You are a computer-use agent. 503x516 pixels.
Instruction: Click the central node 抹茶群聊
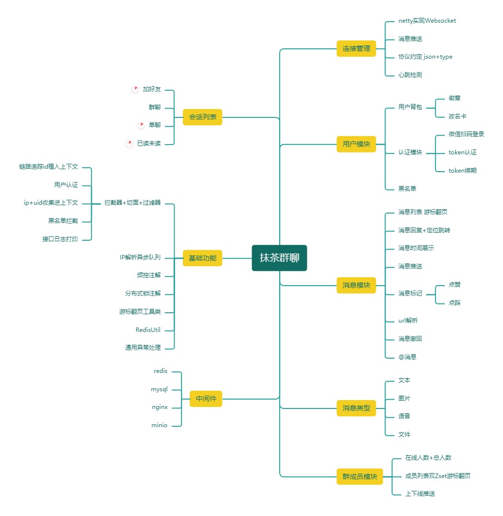click(279, 258)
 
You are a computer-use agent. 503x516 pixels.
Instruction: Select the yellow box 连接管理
click(356, 48)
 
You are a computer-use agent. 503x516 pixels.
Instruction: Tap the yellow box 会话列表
click(202, 117)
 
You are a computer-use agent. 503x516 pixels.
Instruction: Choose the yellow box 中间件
click(206, 399)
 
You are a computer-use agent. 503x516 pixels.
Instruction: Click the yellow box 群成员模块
click(359, 477)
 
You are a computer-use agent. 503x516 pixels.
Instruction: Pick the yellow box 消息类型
click(356, 408)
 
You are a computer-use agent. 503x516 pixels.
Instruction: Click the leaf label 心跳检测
click(410, 75)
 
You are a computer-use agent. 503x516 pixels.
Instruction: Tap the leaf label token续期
click(463, 171)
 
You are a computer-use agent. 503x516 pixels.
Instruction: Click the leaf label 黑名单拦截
click(63, 221)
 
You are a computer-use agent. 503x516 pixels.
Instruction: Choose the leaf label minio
click(159, 425)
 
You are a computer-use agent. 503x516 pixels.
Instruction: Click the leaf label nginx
click(160, 407)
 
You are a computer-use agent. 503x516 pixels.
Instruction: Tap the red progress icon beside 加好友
click(135, 90)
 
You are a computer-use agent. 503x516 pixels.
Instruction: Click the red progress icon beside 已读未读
click(129, 144)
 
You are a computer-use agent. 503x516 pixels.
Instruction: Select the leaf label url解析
click(408, 321)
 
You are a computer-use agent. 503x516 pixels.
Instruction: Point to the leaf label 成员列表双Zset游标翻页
click(437, 476)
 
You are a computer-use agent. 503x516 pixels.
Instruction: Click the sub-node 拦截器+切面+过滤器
click(132, 203)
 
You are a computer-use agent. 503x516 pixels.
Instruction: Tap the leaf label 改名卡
click(458, 116)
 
